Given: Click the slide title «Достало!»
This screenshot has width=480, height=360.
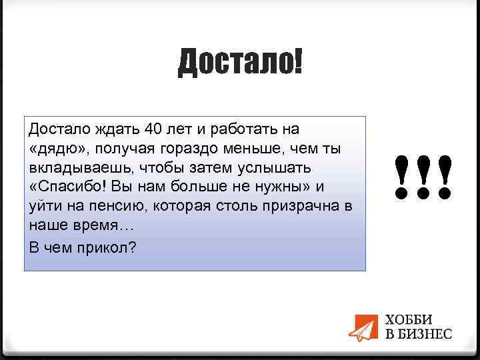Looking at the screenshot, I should point(239,62).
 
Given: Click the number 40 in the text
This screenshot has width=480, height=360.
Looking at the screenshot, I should point(153,128).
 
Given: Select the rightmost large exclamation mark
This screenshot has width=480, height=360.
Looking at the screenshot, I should point(445,178).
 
